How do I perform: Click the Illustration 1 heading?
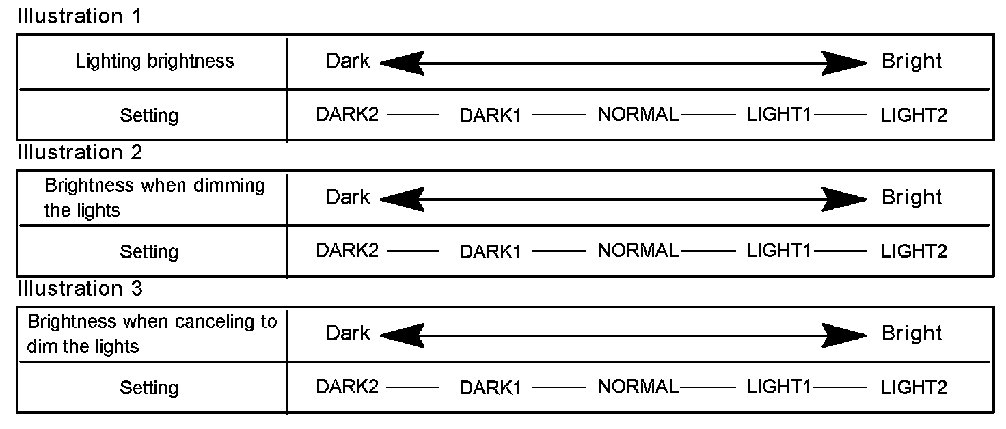[80, 16]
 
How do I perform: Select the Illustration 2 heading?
[80, 152]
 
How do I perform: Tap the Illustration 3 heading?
[80, 289]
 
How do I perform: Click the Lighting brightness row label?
[154, 61]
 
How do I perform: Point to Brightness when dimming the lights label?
[154, 197]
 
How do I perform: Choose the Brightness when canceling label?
[152, 333]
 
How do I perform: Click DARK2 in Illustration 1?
[346, 115]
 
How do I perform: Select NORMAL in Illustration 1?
[638, 115]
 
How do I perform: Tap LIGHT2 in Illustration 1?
[914, 115]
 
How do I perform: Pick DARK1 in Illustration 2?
[490, 252]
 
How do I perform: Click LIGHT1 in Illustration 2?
[778, 251]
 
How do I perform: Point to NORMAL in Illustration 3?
[638, 387]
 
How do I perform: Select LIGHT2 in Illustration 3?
[914, 388]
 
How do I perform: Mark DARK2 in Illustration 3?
[346, 387]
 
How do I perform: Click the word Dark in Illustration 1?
[347, 61]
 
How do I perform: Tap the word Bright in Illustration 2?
[912, 197]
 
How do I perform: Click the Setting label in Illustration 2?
[149, 252]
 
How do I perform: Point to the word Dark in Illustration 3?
[347, 333]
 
